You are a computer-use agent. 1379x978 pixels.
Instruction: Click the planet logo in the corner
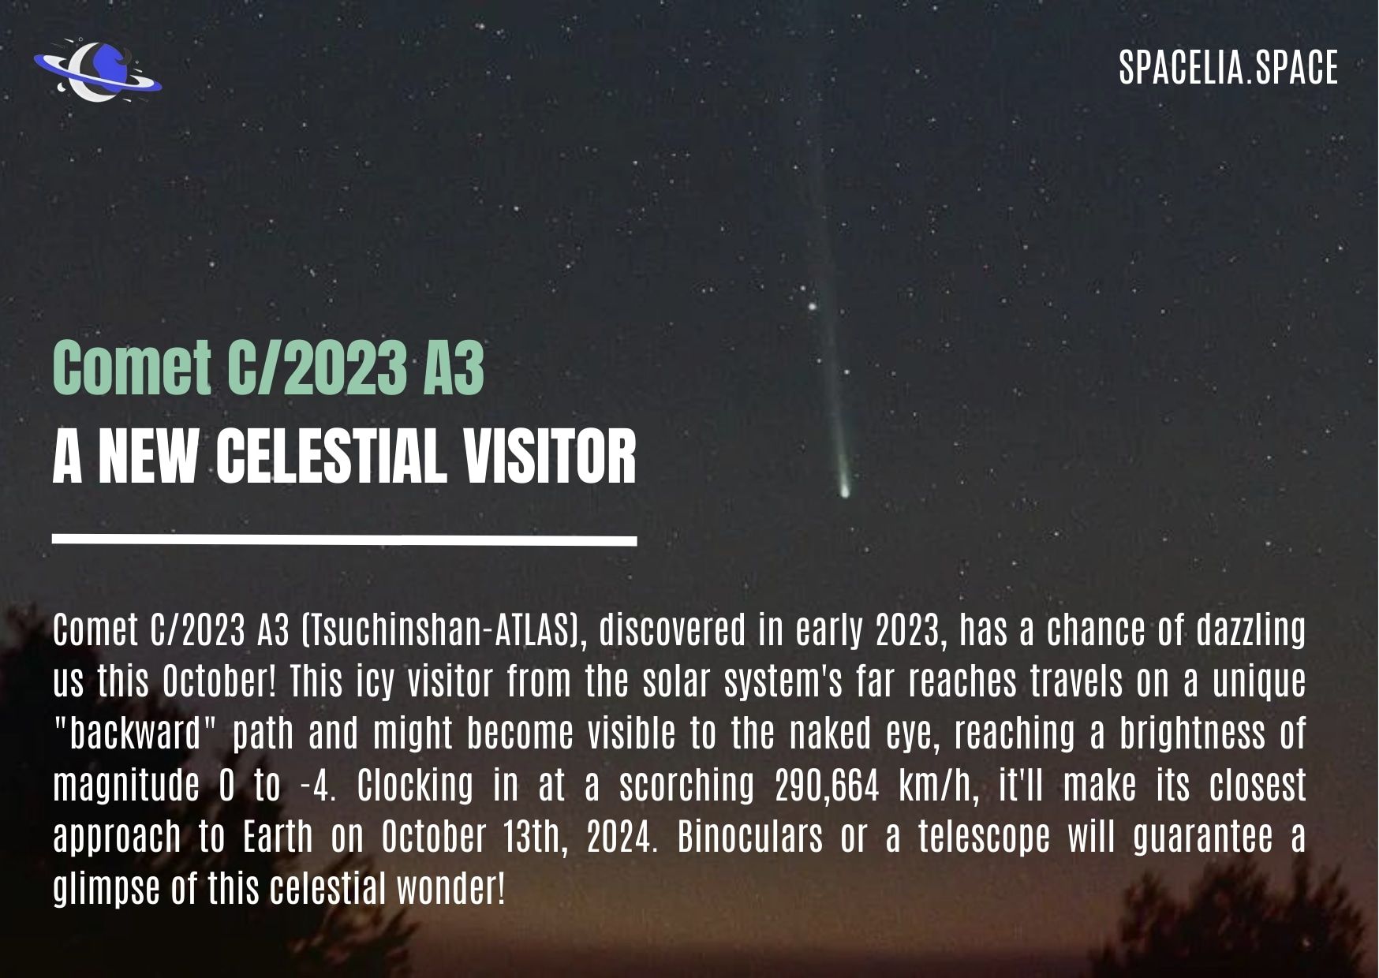(x=97, y=73)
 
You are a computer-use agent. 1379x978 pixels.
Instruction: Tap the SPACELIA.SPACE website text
(x=1228, y=67)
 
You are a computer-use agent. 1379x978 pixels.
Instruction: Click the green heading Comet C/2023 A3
(x=268, y=368)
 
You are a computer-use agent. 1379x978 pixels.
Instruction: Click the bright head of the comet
(x=845, y=491)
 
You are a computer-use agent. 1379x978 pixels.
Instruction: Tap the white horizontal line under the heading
(x=345, y=540)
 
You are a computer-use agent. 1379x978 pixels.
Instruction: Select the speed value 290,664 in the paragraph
(x=827, y=786)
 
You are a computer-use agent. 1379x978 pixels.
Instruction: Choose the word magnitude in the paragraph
(x=126, y=788)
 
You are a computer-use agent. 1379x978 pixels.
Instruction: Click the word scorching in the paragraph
(x=686, y=788)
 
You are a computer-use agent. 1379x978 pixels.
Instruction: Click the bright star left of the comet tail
(x=811, y=306)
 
